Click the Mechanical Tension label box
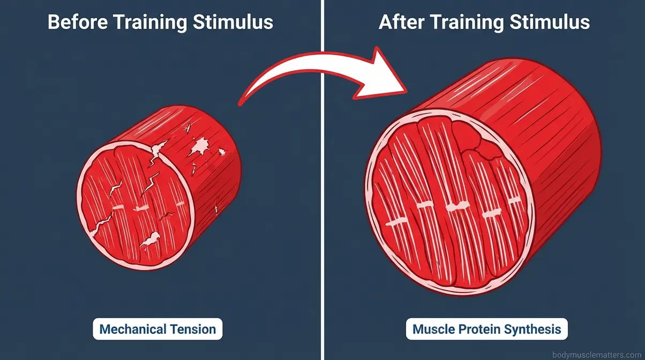tap(157, 329)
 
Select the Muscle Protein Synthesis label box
tap(486, 329)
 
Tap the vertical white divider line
tap(322, 214)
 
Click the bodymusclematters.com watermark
tap(597, 355)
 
